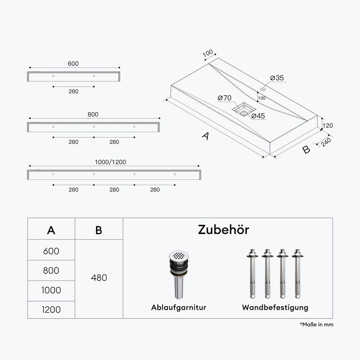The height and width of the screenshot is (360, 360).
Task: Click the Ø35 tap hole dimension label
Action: [277, 78]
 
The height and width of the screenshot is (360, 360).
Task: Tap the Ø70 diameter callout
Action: [224, 98]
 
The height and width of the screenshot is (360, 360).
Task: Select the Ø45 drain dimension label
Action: [258, 116]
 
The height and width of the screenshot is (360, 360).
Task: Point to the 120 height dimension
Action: [328, 125]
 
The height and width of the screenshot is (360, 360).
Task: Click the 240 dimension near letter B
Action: [326, 142]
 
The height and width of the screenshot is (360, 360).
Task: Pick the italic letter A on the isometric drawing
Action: [206, 136]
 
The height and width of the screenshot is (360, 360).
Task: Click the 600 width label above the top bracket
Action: [73, 64]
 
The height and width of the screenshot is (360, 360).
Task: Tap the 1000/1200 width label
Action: [110, 162]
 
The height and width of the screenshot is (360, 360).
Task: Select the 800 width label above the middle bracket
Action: [93, 114]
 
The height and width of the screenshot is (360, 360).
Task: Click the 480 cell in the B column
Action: [99, 278]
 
